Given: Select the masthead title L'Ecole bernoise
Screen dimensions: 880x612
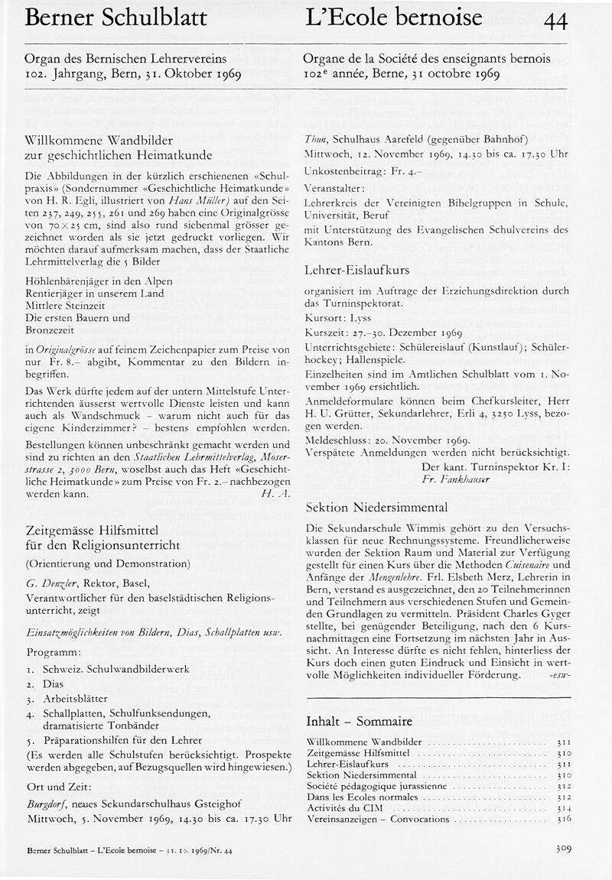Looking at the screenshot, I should pos(393,18).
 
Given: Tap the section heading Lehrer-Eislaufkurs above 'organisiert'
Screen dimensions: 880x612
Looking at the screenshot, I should pos(356,270).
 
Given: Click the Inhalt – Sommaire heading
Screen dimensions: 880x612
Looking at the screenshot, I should pos(359,721).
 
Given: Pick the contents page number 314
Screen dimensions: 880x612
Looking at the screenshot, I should pos(565,807).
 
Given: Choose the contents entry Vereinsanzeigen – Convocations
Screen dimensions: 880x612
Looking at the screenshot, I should pos(378,819).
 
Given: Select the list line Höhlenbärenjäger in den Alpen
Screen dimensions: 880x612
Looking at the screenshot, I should pos(99,281).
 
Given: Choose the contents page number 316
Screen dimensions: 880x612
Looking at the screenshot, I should pos(565,819).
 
